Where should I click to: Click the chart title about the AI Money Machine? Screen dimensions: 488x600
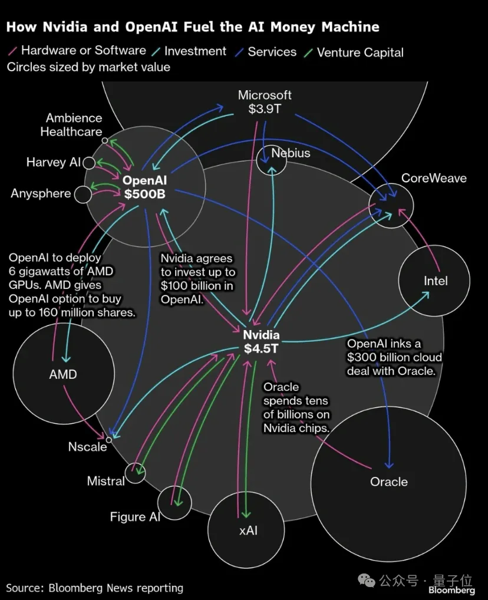193,27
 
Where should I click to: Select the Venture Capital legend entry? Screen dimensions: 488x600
354,52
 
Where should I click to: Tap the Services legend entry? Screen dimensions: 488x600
266,52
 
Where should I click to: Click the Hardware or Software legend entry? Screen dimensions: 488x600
77,50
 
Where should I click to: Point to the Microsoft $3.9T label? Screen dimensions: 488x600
265,102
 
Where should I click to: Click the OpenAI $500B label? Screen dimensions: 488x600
144,187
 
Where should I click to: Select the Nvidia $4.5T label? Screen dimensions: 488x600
262,342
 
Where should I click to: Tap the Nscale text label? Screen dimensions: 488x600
88,447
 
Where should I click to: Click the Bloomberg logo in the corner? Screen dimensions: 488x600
451,590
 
